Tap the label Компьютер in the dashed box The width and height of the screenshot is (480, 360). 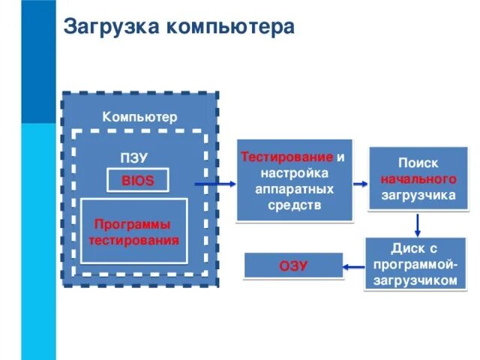(139, 117)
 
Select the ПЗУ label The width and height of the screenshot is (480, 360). (134, 158)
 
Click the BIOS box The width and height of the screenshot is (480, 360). (138, 181)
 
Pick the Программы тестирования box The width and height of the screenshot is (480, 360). (134, 232)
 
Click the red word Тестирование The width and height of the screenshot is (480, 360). (287, 157)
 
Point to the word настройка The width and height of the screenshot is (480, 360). (294, 173)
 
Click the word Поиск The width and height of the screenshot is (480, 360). (418, 163)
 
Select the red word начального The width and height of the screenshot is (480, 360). (418, 180)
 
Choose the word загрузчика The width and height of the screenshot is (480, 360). (418, 196)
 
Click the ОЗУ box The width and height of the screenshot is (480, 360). (293, 266)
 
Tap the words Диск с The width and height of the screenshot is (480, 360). (414, 247)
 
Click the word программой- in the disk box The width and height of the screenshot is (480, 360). (414, 264)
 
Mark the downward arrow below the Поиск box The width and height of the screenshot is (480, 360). (418, 224)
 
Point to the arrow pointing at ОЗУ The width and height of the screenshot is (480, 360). (355, 265)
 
